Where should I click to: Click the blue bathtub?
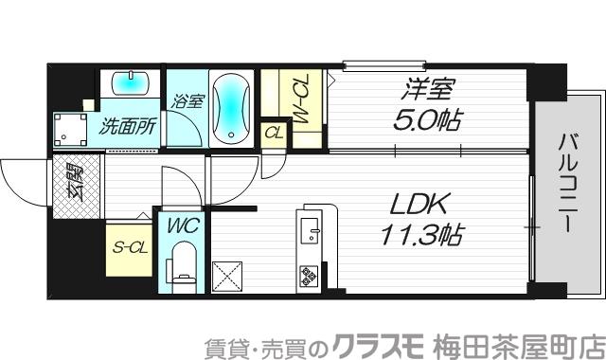pyautogui.click(x=230, y=109)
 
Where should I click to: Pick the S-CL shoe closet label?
pyautogui.click(x=129, y=248)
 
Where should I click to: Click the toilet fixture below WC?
pyautogui.click(x=182, y=266)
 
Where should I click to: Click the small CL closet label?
pyautogui.click(x=273, y=131)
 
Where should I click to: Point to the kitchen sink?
pyautogui.click(x=311, y=230)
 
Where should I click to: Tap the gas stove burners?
pyautogui.click(x=311, y=276)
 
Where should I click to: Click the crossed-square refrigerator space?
pyautogui.click(x=230, y=277)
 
